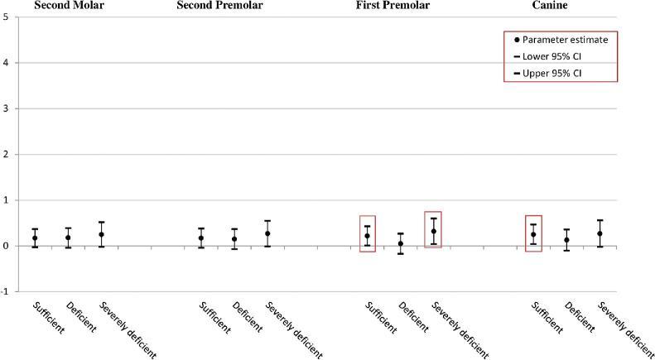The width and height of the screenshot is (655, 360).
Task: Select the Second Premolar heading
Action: [x=221, y=6]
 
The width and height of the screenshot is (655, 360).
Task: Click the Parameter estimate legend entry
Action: [x=561, y=40]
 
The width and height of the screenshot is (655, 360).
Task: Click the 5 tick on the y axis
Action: [x=6, y=17]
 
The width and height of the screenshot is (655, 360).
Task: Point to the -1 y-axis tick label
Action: [x=5, y=291]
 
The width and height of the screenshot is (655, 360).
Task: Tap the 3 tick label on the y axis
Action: [x=6, y=108]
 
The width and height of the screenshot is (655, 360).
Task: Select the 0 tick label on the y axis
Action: [x=6, y=246]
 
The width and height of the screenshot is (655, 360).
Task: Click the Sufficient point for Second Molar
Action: [x=35, y=238]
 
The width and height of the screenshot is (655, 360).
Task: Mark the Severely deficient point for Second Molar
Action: [x=101, y=234]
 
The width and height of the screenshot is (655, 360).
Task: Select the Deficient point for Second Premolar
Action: [x=234, y=239]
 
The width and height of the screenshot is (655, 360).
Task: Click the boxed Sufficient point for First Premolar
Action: [x=367, y=236]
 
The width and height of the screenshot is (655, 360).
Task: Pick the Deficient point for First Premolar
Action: [x=401, y=243]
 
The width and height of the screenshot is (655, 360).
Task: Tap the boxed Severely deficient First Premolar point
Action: [x=433, y=232]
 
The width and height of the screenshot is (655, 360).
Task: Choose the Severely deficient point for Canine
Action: [x=600, y=233]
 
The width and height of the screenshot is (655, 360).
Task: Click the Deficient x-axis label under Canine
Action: [x=576, y=319]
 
